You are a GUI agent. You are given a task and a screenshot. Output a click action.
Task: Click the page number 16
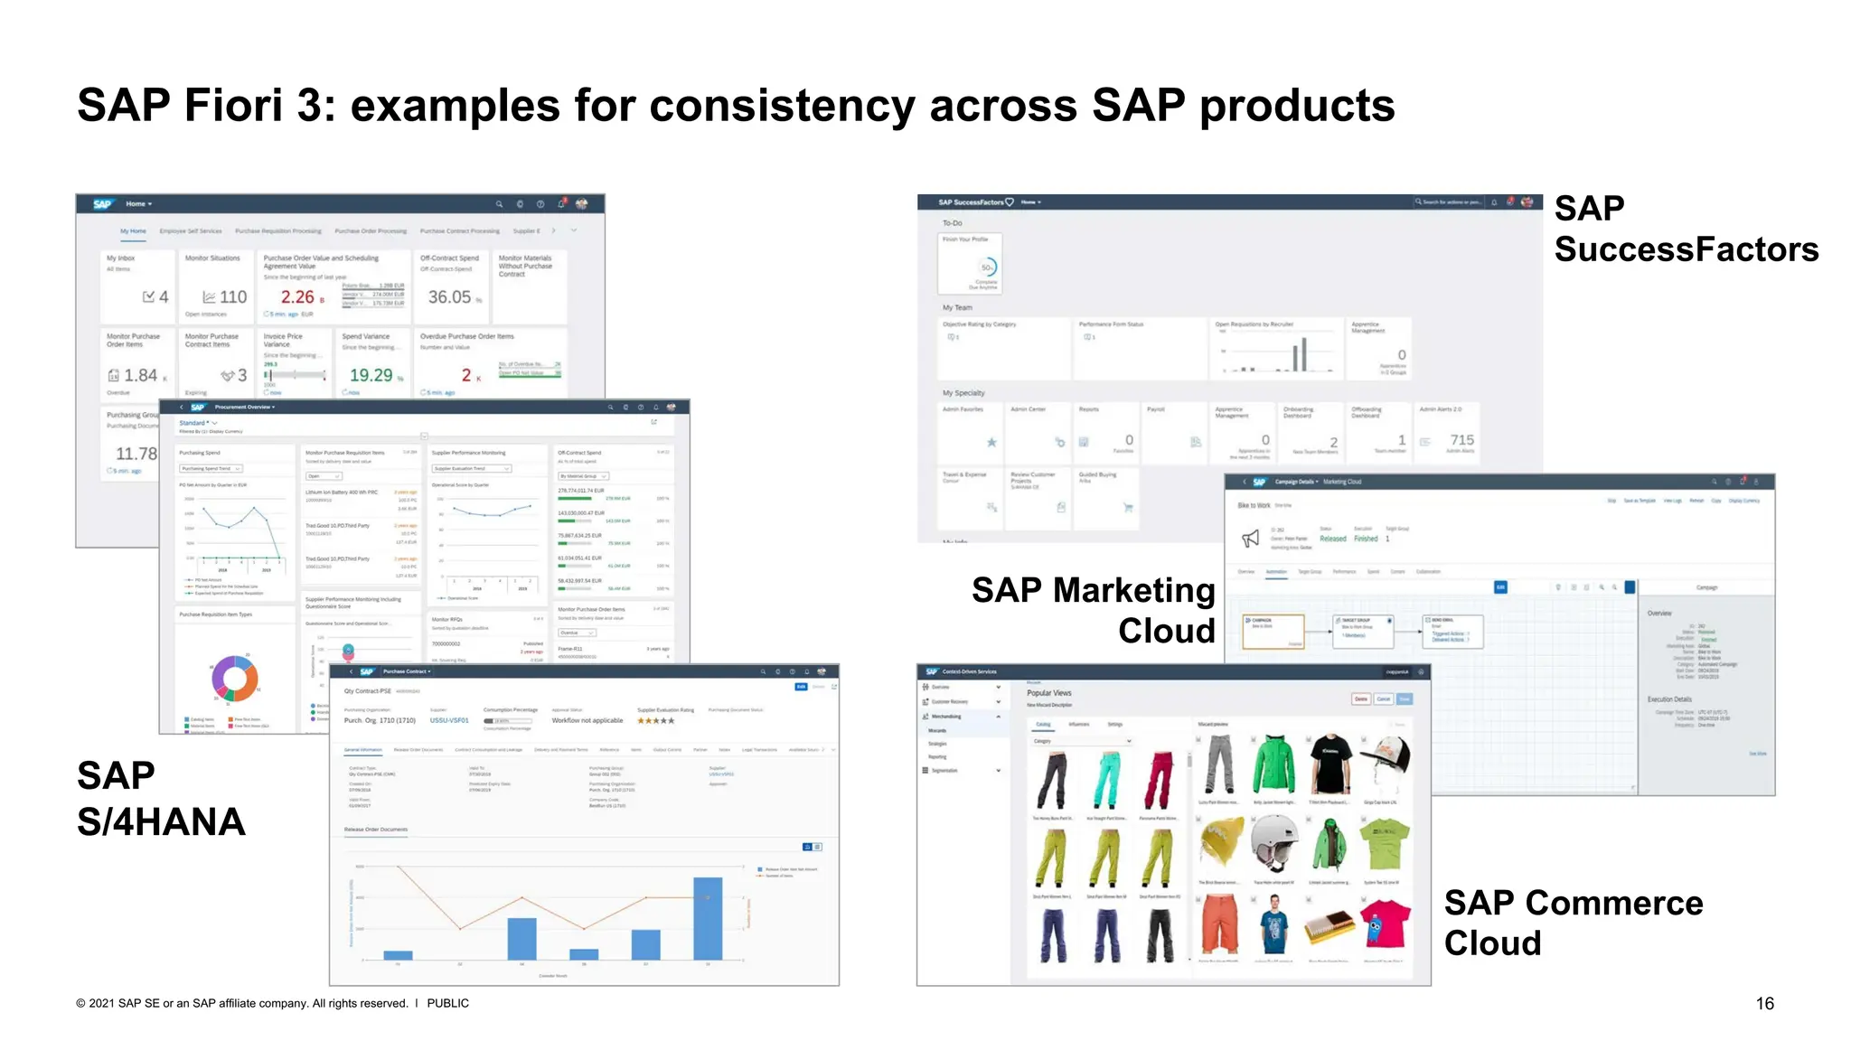click(x=1764, y=1003)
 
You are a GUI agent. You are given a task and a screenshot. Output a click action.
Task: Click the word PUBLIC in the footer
click(x=447, y=1003)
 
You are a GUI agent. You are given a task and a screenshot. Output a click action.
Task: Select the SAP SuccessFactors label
click(x=1685, y=229)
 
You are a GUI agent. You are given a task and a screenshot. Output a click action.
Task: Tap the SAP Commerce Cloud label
click(x=1573, y=923)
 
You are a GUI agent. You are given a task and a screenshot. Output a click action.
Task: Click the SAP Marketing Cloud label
click(x=1093, y=610)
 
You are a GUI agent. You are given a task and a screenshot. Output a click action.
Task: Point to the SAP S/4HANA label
click(x=161, y=799)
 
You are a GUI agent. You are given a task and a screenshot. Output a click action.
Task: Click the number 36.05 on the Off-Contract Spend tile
click(x=449, y=297)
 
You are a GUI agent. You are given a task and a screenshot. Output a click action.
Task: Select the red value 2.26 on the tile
click(x=297, y=297)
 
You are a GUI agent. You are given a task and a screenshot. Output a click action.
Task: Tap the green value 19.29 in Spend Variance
click(x=371, y=375)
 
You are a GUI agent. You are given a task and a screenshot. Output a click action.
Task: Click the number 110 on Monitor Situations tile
click(x=232, y=297)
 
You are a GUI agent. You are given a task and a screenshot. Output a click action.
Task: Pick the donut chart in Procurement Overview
click(x=235, y=679)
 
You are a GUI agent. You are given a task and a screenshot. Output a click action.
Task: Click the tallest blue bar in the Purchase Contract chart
click(x=708, y=918)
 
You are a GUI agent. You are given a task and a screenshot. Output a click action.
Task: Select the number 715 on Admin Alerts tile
click(x=1461, y=439)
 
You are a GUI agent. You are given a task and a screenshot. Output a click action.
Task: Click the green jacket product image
click(x=1273, y=764)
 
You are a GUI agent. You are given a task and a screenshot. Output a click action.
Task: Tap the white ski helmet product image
click(x=1274, y=842)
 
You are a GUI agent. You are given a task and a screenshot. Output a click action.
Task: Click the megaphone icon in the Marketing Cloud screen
click(x=1250, y=539)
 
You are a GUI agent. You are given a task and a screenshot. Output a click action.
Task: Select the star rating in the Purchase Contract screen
click(x=655, y=720)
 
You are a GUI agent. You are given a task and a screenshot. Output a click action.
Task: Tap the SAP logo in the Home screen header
click(x=102, y=204)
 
